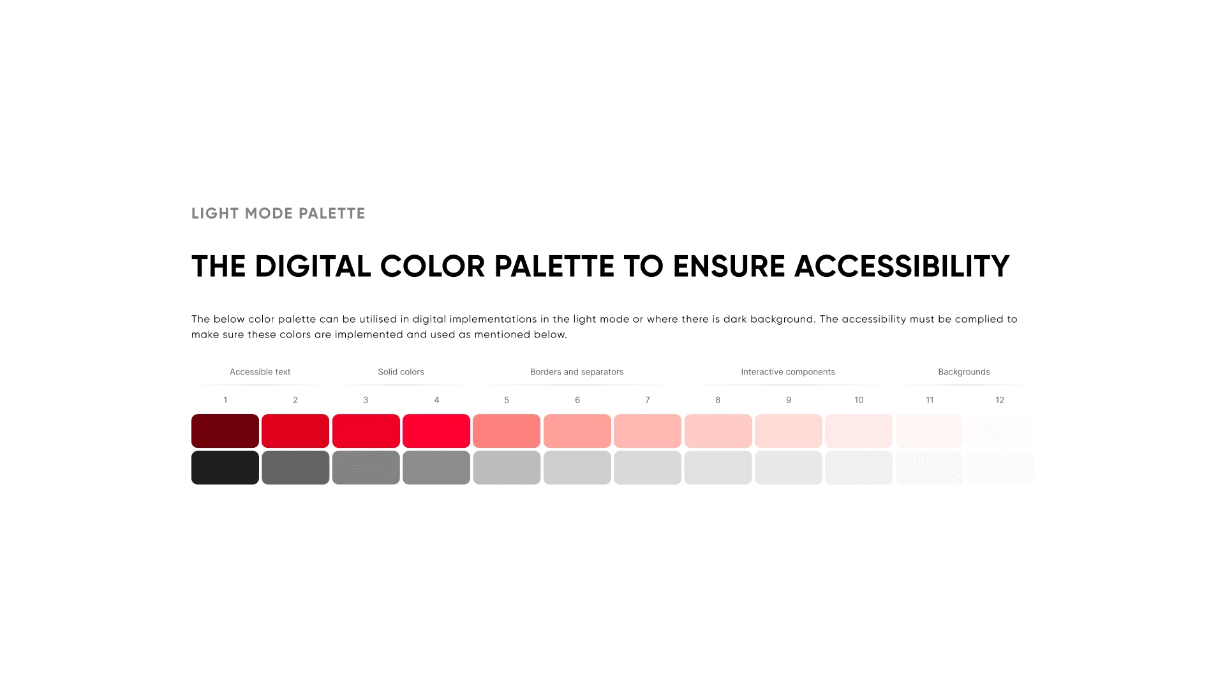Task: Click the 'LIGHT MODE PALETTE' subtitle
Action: point(278,214)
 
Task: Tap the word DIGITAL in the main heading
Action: point(313,266)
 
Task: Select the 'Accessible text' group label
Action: point(260,372)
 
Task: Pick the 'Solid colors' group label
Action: point(401,372)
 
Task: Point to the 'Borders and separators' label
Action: point(577,372)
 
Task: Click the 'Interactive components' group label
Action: point(788,372)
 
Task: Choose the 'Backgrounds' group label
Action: point(964,372)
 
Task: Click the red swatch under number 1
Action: point(225,431)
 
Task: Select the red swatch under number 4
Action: point(436,431)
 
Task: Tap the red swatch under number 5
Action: point(507,431)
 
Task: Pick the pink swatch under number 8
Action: point(718,431)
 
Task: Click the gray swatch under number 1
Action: point(225,468)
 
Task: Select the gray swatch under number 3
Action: point(366,468)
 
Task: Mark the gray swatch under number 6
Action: point(577,468)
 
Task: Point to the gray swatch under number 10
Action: point(859,468)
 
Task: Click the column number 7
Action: point(648,400)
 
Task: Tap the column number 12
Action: point(1000,400)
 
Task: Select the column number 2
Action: point(295,400)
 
